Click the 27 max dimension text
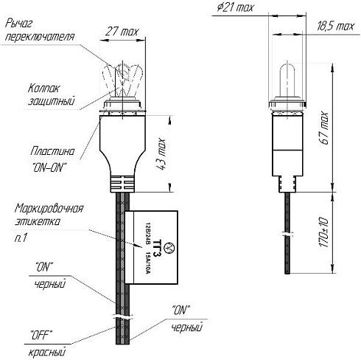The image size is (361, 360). point(122,32)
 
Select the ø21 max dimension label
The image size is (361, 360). point(235,7)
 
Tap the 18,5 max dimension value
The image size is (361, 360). point(336,26)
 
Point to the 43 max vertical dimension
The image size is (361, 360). point(161,154)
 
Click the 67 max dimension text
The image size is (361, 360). point(324,128)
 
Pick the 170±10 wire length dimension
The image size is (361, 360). point(323,232)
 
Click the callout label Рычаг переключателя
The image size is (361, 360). point(40,30)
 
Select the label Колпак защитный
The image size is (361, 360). point(51,94)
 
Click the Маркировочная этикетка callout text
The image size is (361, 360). point(49,215)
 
